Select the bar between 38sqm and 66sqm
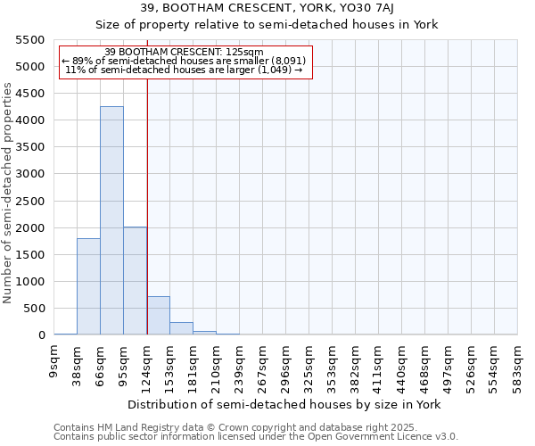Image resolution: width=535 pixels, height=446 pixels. click(88, 286)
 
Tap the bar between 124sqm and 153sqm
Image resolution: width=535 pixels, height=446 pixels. click(158, 316)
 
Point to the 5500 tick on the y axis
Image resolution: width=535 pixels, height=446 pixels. click(32, 40)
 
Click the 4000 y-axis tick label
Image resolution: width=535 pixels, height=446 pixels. click(32, 120)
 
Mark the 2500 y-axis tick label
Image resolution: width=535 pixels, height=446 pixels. click(32, 201)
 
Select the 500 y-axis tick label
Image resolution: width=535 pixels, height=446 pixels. click(36, 309)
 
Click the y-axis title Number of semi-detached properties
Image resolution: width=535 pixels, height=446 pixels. click(9, 193)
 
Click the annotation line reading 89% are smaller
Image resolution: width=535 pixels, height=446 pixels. click(185, 61)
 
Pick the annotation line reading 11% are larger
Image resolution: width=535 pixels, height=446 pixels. click(185, 70)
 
